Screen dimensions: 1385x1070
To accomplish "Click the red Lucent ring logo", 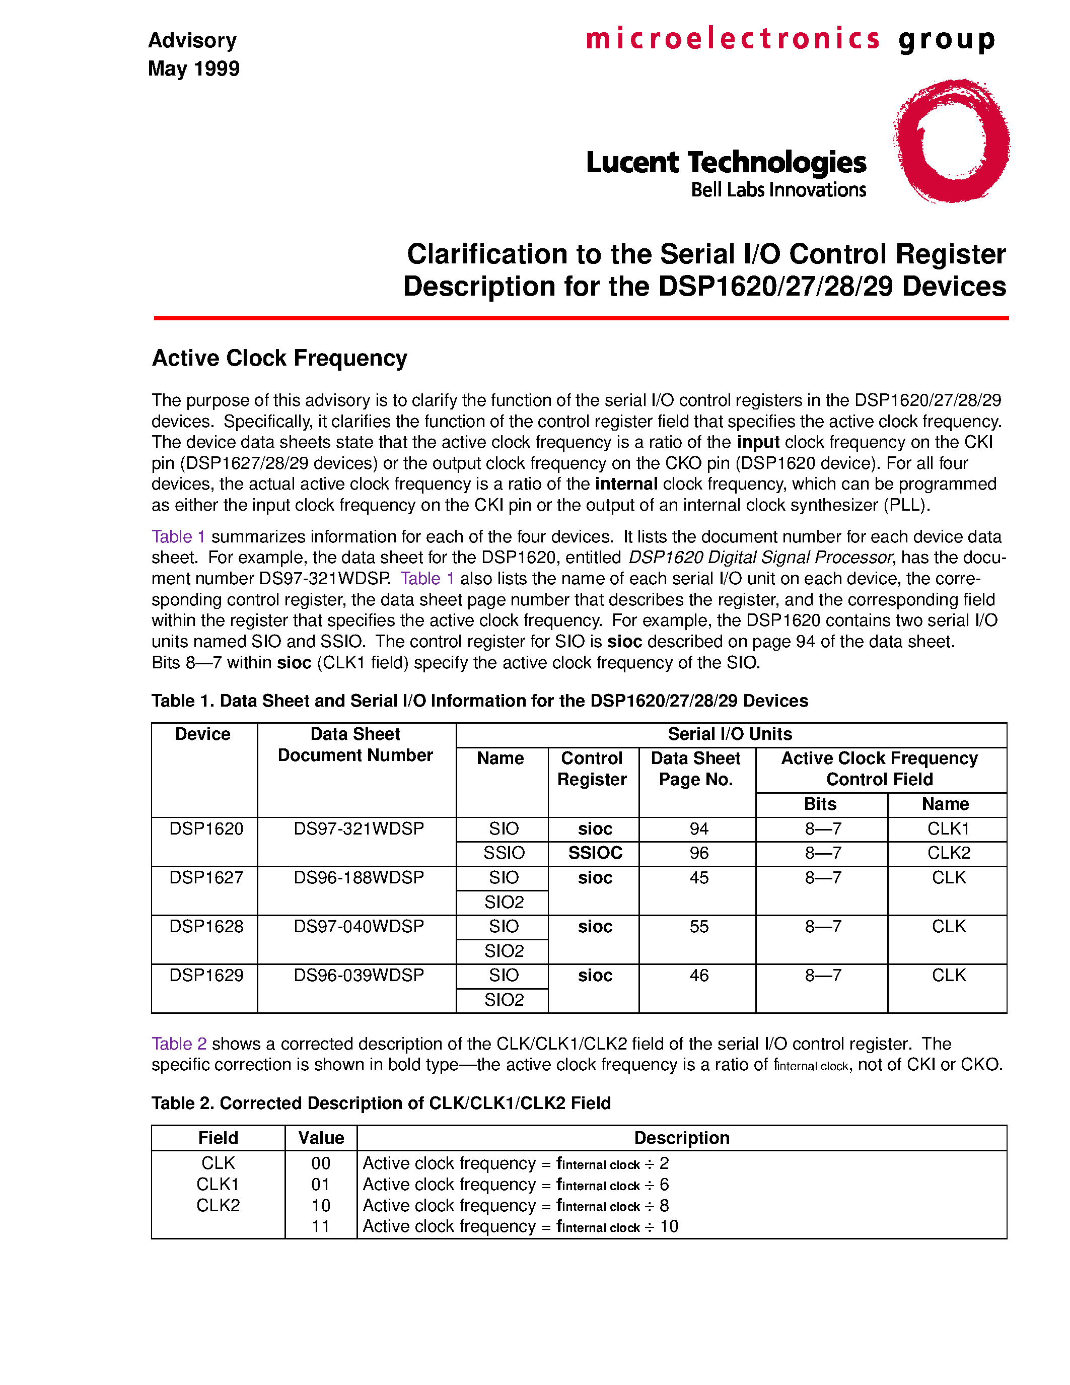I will point(951,141).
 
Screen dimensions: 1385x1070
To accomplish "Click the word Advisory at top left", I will point(192,41).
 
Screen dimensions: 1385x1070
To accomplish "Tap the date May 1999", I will point(193,68).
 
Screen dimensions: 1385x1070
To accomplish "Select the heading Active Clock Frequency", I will point(279,358).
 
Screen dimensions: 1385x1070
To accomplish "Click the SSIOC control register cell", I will point(595,853).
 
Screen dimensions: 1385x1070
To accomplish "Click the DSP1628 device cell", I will point(206,927).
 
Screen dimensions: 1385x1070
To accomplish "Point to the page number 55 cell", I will point(698,927).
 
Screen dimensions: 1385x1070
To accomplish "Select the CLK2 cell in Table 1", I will point(948,853).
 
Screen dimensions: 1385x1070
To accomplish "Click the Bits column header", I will point(820,804).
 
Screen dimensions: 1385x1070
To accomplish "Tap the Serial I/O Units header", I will point(730,734).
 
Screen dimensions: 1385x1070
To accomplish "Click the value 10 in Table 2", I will point(321,1206).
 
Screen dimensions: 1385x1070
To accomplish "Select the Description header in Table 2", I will point(681,1138).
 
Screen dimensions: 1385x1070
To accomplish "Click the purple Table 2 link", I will point(179,1044).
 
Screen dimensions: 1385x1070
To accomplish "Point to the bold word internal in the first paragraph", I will point(626,484).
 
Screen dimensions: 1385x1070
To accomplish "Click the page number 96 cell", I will point(698,853).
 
